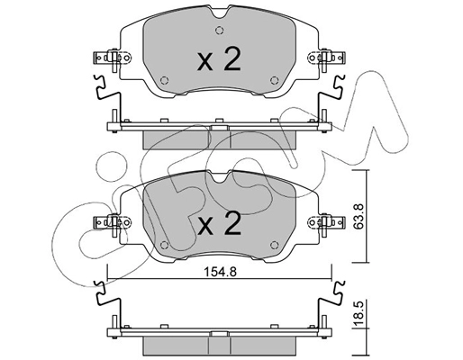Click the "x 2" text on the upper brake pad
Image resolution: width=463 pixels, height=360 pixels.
(x=217, y=60)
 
